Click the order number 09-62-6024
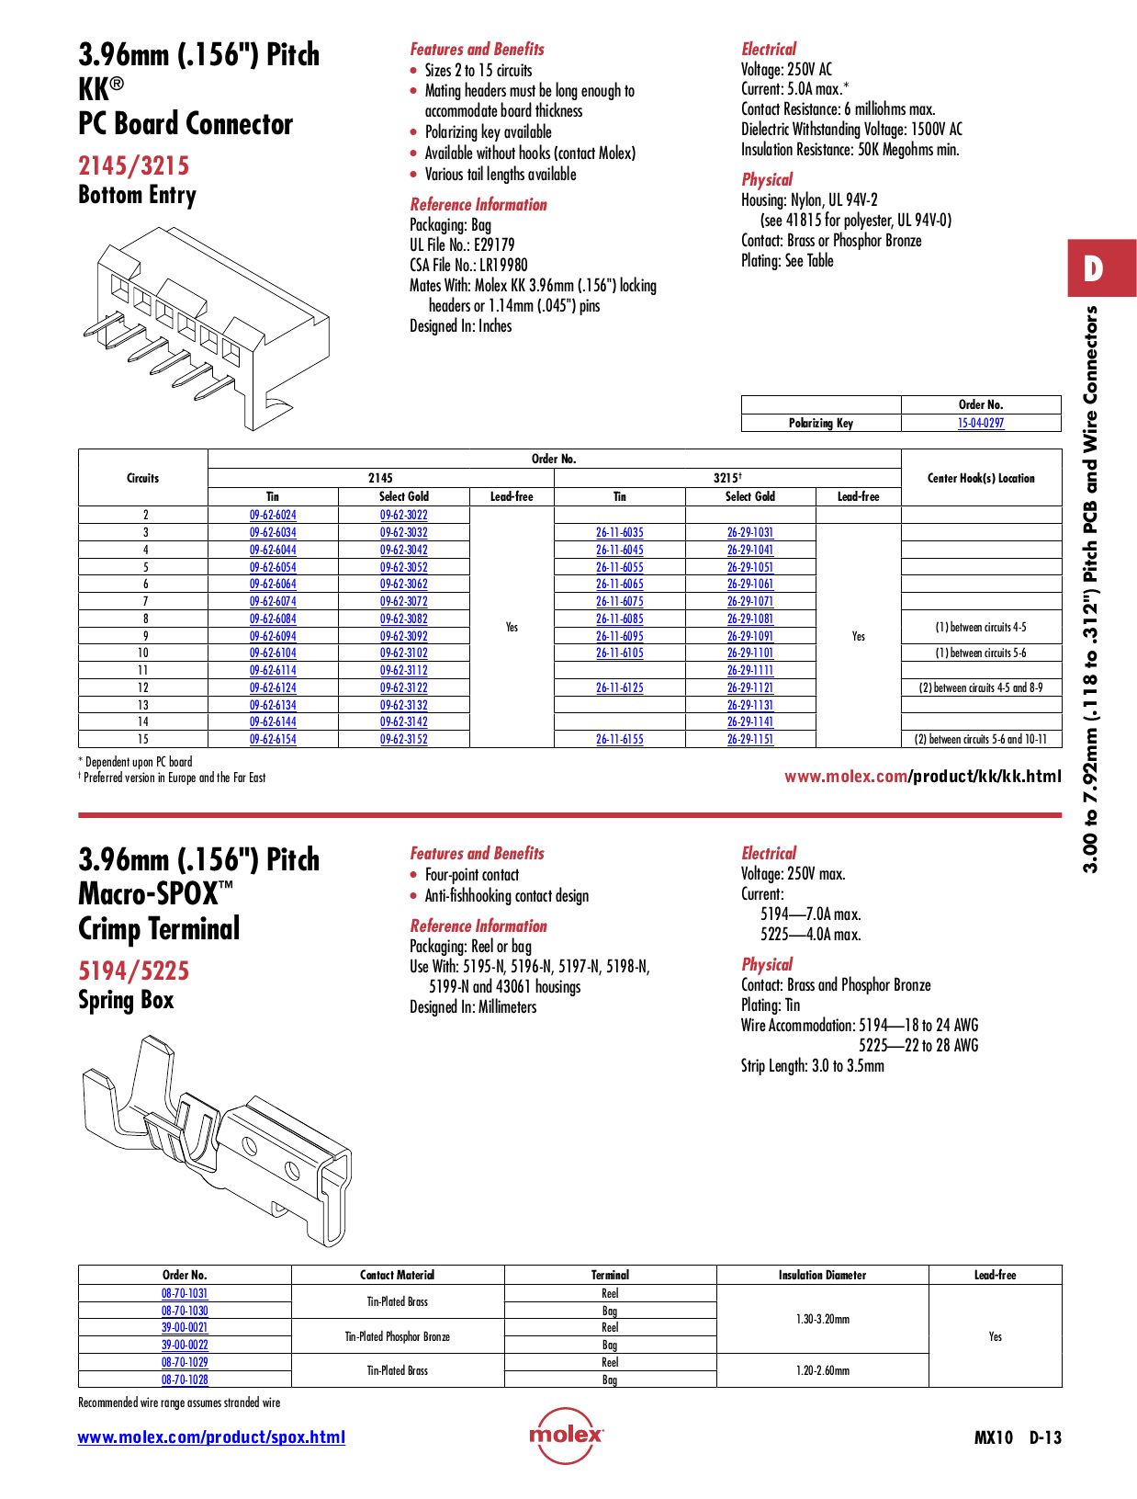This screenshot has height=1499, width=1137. pyautogui.click(x=273, y=516)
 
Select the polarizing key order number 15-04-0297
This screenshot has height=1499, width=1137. pyautogui.click(x=980, y=424)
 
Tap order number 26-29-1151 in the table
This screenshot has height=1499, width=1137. pyautogui.click(x=749, y=739)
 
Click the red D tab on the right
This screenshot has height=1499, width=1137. pyautogui.click(x=1100, y=268)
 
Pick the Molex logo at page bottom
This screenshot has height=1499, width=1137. pyautogui.click(x=566, y=1435)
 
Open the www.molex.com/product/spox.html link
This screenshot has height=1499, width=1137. pyautogui.click(x=211, y=1437)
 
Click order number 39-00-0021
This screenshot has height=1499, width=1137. pyautogui.click(x=185, y=1328)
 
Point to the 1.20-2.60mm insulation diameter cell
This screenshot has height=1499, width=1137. pyautogui.click(x=822, y=1370)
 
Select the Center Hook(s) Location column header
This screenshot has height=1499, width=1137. pyautogui.click(x=980, y=478)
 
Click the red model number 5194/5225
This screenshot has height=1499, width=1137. pyautogui.click(x=133, y=971)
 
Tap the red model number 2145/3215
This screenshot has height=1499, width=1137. pyautogui.click(x=133, y=166)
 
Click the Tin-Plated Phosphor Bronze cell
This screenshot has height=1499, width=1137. pyautogui.click(x=397, y=1336)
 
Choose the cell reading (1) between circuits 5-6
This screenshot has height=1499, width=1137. pyautogui.click(x=980, y=653)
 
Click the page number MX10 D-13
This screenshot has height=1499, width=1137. pyautogui.click(x=1017, y=1437)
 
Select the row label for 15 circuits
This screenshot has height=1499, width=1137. pyautogui.click(x=143, y=739)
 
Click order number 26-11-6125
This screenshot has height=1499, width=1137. pyautogui.click(x=619, y=687)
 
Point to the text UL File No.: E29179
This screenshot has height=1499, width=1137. pyautogui.click(x=462, y=245)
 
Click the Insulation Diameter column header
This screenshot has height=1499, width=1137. pyautogui.click(x=822, y=1275)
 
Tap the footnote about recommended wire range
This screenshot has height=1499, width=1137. pyautogui.click(x=179, y=1402)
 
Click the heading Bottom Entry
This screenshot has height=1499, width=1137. pyautogui.click(x=137, y=196)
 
